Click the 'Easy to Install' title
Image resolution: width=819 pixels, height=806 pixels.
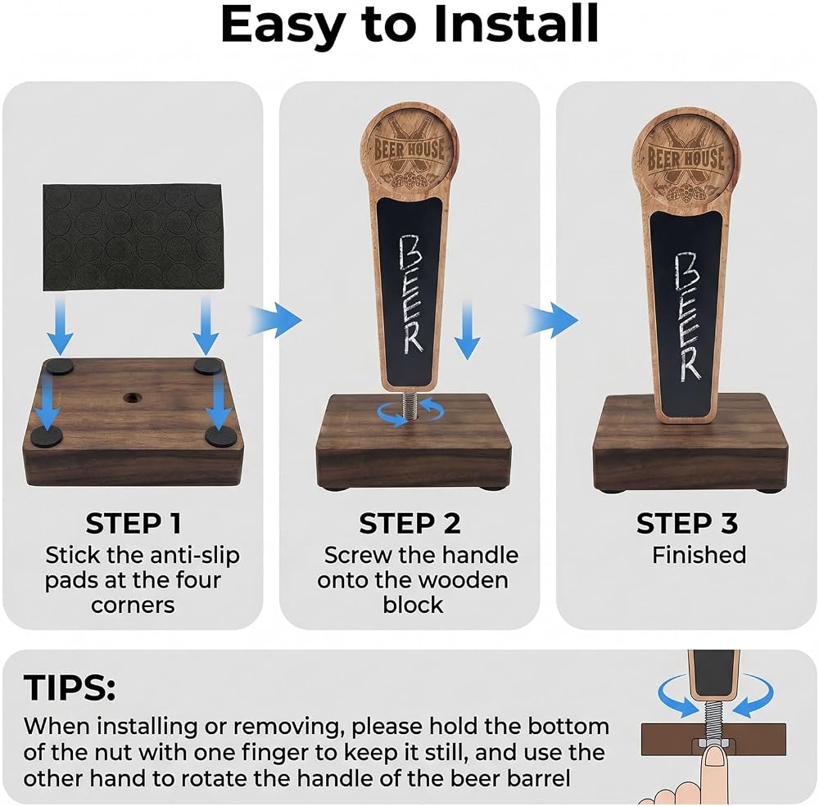[409, 24]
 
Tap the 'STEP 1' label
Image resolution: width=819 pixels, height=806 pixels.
[133, 523]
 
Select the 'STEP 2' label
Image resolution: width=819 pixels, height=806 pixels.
[410, 523]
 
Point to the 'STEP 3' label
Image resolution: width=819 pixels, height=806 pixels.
[687, 523]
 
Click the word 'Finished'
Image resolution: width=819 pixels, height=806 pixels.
[699, 555]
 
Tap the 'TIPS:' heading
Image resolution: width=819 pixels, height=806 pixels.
[70, 687]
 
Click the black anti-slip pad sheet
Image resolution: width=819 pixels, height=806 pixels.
[133, 237]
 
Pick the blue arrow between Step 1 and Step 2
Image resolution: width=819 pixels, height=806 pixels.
[275, 320]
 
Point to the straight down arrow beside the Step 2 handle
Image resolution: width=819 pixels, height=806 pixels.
[468, 330]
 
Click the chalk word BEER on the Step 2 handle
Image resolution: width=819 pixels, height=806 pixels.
[410, 295]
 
